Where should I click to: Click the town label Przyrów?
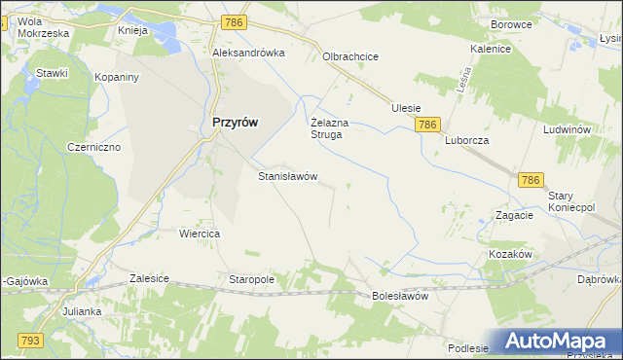pos(235,123)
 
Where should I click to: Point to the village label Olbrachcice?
pos(350,56)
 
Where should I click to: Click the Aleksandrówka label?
pos(248,54)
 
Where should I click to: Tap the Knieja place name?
pos(131,30)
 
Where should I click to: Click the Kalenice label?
pos(491,48)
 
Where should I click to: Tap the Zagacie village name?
pos(514,215)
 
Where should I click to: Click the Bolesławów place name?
pos(400,296)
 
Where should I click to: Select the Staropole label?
pos(251,279)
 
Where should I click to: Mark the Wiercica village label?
pos(200,234)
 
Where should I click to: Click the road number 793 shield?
pos(28,340)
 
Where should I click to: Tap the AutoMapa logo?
pos(559,341)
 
